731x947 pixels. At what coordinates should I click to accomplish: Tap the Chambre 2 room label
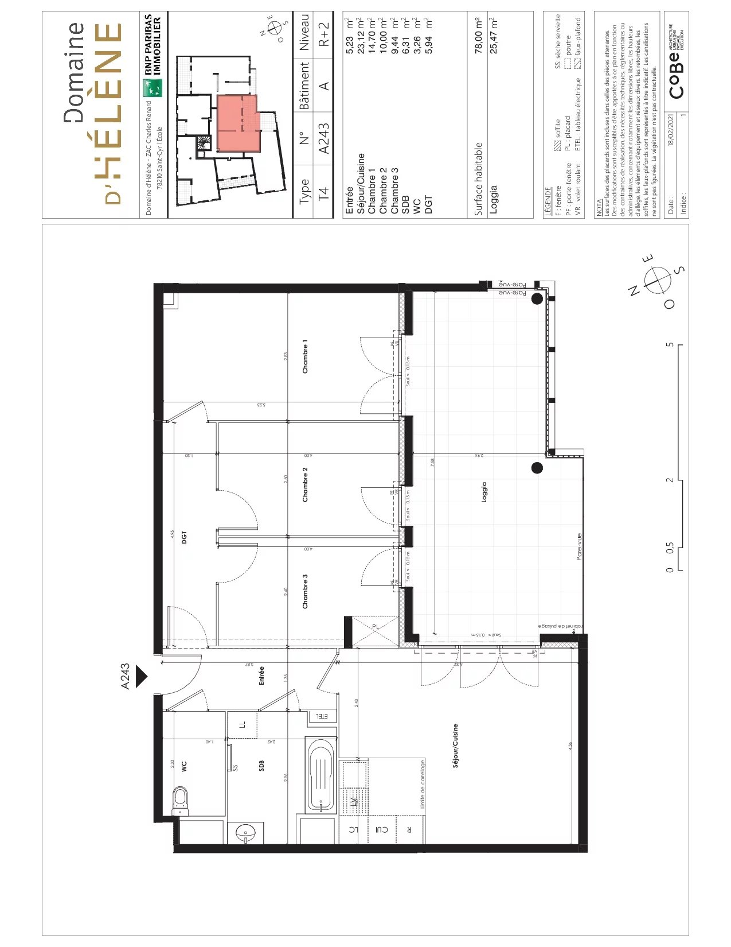click(305, 485)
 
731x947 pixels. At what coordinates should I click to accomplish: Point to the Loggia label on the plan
click(484, 492)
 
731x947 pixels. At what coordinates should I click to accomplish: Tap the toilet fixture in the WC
click(181, 799)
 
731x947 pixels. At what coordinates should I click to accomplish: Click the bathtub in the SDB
click(321, 775)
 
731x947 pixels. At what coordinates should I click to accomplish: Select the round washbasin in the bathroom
click(247, 832)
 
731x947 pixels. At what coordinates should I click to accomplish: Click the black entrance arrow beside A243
click(141, 676)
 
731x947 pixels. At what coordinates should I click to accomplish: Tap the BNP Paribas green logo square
click(153, 88)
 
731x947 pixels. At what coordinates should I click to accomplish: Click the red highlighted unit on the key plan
click(237, 122)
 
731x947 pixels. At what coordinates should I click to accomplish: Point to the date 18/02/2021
click(671, 130)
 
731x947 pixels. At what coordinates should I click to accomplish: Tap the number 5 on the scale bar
click(669, 345)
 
